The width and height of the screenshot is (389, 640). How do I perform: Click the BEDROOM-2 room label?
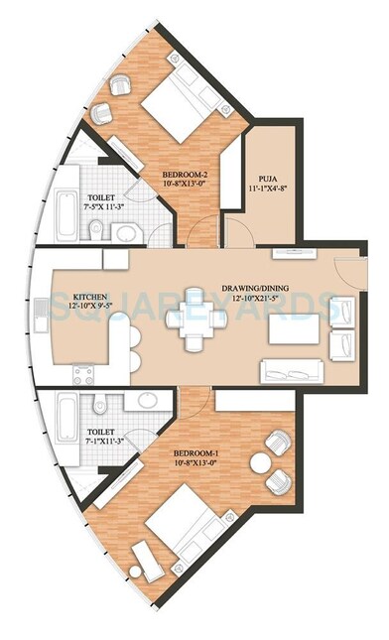point(186,171)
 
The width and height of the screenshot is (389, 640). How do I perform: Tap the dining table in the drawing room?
point(191,328)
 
